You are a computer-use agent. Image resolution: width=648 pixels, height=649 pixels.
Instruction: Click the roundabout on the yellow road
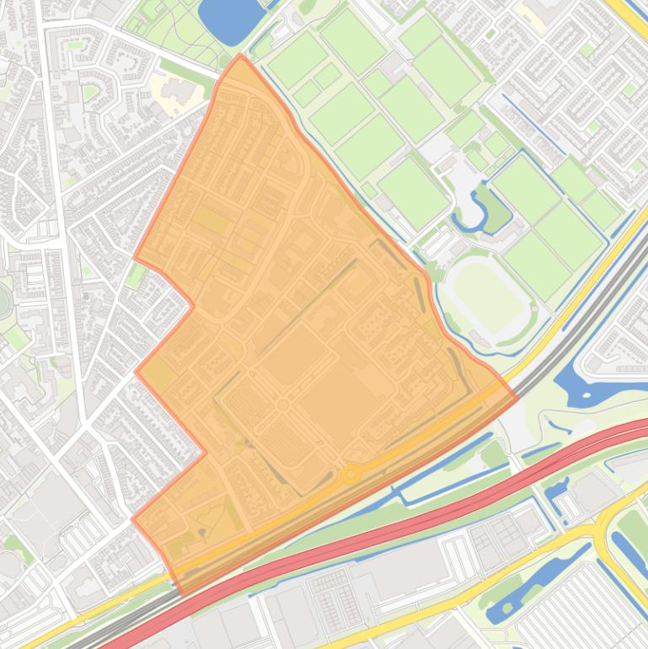351,475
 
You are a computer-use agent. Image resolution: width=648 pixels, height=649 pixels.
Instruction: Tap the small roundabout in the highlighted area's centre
282,406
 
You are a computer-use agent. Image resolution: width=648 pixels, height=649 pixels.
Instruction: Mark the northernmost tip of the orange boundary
240,56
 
